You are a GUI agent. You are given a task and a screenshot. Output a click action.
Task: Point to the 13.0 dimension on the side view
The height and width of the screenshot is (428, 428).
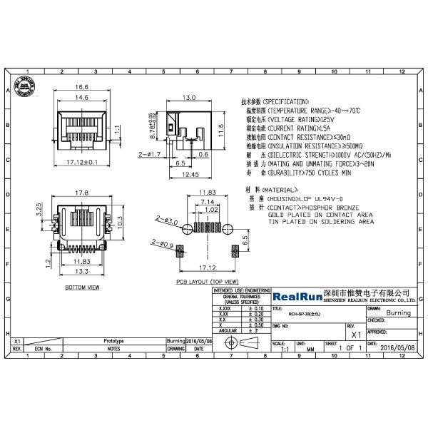(190, 96)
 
